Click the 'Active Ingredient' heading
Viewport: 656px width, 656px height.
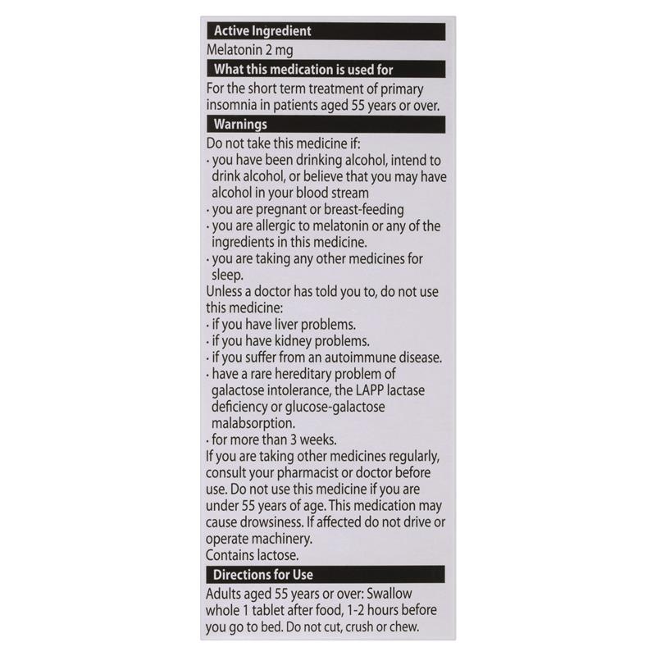[262, 32]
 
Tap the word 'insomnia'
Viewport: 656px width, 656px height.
[235, 106]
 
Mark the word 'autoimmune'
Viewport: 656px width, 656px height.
[366, 357]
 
